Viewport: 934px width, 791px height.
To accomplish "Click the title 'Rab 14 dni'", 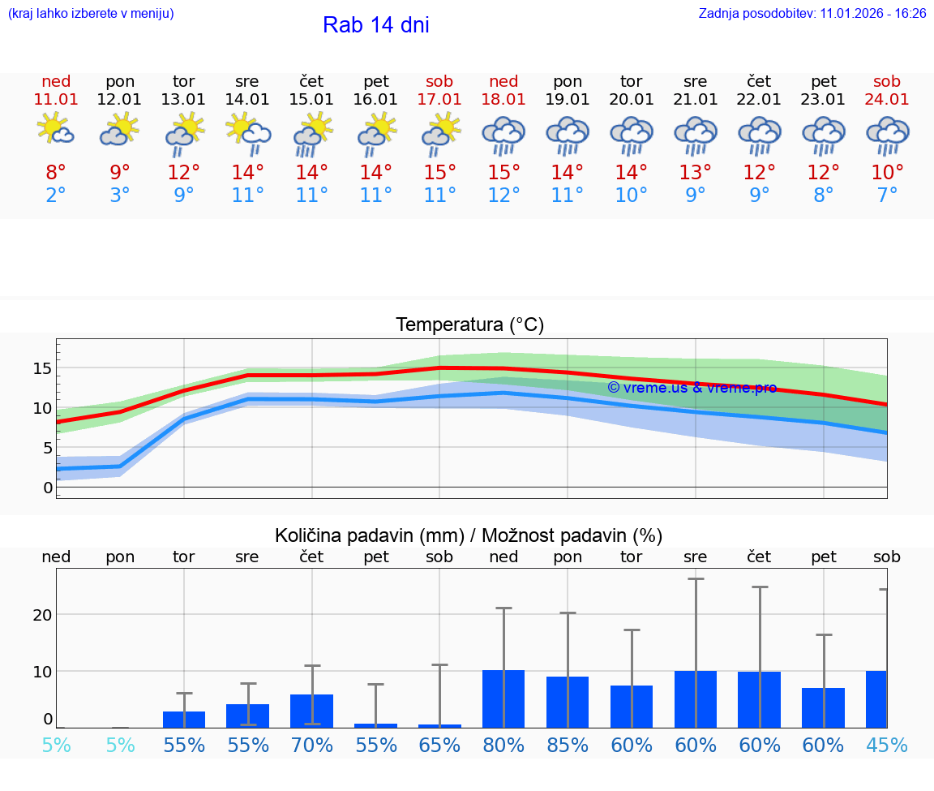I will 375,25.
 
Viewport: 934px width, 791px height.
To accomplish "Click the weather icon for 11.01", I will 56,129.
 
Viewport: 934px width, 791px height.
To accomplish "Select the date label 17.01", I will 439,100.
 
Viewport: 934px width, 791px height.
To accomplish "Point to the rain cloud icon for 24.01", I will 887,135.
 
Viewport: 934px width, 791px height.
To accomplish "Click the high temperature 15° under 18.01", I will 503,173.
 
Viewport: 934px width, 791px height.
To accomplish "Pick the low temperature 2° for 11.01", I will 56,195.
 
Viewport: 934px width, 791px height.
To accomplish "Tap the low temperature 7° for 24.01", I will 887,195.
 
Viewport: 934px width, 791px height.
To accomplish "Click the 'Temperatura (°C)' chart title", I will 469,325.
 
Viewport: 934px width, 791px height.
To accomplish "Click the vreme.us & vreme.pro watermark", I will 692,388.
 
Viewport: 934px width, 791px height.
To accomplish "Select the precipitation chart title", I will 469,535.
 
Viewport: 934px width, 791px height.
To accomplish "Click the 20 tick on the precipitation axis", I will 42,615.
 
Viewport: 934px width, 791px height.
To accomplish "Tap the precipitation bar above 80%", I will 503,699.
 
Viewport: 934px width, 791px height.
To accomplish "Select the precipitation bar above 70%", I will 312,711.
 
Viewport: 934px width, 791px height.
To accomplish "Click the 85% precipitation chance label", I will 568,745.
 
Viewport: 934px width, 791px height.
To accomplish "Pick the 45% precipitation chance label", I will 887,745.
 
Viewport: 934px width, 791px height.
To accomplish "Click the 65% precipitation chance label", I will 439,745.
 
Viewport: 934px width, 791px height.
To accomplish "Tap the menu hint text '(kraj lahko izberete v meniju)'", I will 91,14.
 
